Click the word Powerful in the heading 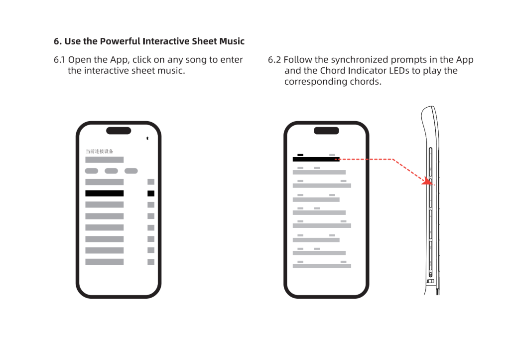click(120, 41)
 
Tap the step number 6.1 click(59, 60)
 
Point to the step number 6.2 click(274, 60)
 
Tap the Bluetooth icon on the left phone click(147, 138)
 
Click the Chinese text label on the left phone click(100, 152)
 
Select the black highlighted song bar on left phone click(105, 193)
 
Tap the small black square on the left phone click(151, 193)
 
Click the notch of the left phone click(119, 131)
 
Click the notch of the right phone click(326, 131)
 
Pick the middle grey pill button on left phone click(111, 171)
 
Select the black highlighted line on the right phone click(316, 159)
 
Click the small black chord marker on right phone click(300, 155)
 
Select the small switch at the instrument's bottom click(430, 281)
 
